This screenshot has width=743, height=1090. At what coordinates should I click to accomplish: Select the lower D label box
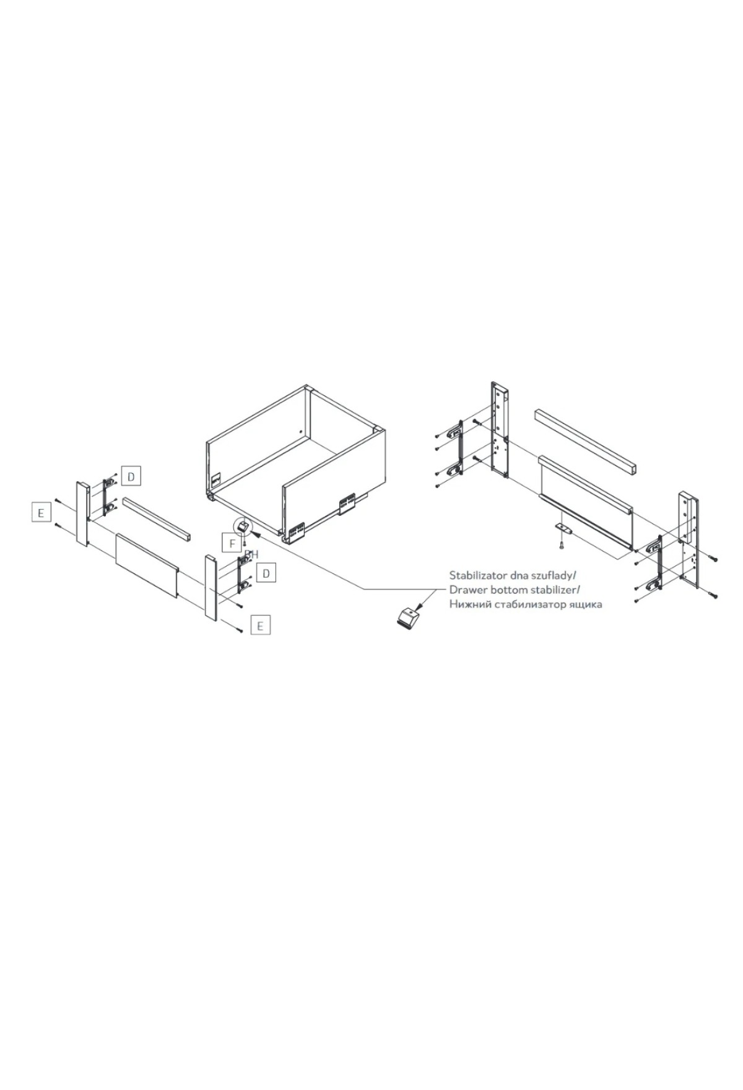(x=266, y=573)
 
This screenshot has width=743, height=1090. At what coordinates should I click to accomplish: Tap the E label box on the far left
(x=41, y=513)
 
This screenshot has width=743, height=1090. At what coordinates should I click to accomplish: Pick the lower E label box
(x=260, y=626)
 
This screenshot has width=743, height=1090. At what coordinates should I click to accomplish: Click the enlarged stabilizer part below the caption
(x=407, y=618)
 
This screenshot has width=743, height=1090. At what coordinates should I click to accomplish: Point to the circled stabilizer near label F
(x=242, y=526)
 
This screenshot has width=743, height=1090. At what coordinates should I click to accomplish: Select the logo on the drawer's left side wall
(x=216, y=479)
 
